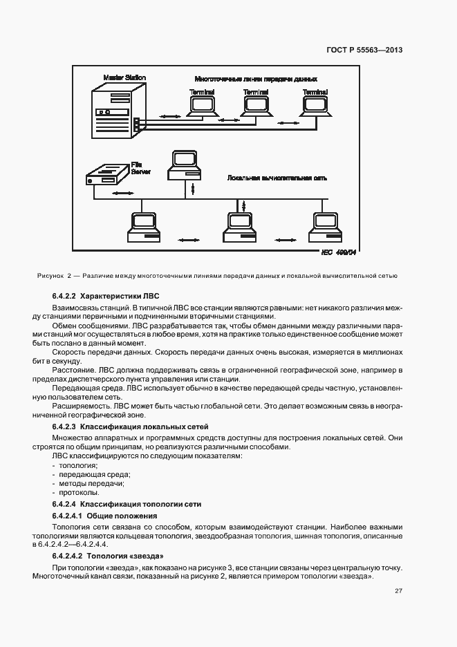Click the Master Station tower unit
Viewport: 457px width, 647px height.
click(x=113, y=111)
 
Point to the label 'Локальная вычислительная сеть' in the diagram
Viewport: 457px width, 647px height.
click(x=277, y=178)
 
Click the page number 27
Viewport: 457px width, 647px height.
click(x=398, y=590)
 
